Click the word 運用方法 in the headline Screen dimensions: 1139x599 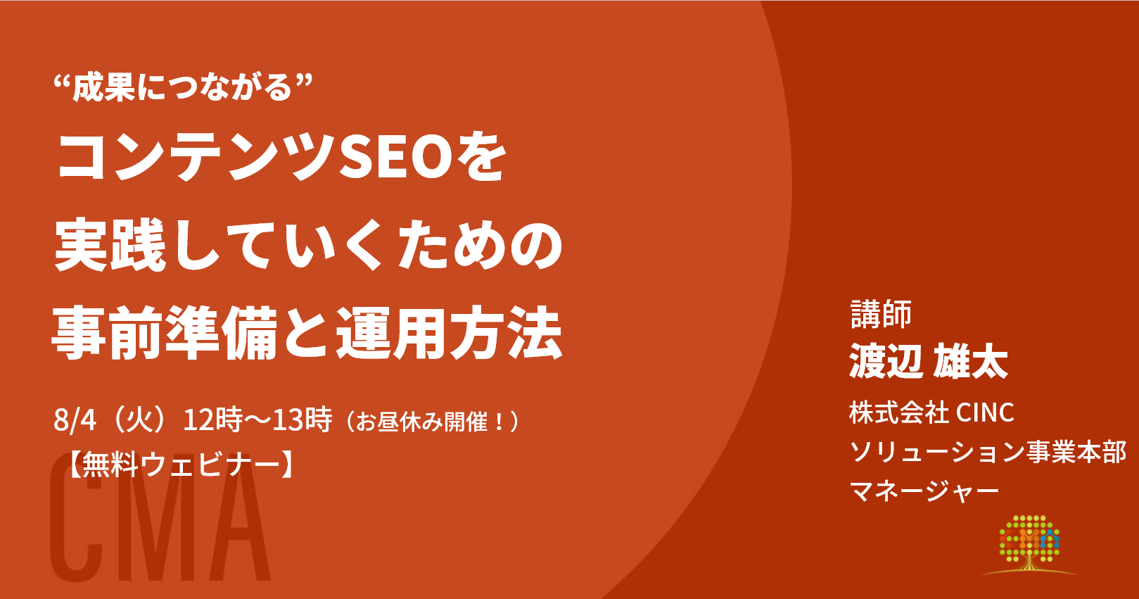[x=450, y=334]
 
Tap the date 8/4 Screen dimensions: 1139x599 [x=75, y=420]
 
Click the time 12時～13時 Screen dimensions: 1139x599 [x=257, y=420]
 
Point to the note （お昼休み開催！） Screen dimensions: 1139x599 [x=432, y=422]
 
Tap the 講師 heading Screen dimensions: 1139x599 [x=881, y=313]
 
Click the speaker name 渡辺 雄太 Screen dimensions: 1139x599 [x=929, y=361]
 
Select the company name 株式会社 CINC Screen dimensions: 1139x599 [x=931, y=412]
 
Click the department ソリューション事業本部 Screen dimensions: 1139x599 [x=988, y=452]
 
